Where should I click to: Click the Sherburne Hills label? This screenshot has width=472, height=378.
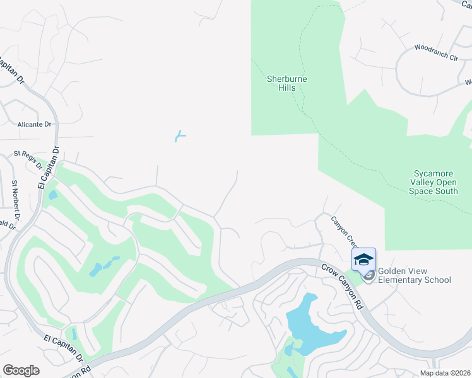click(x=287, y=83)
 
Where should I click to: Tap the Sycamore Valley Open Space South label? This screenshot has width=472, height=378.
click(x=435, y=182)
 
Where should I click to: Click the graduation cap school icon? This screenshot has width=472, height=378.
click(x=363, y=260)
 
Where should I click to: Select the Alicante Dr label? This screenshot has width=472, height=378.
click(x=35, y=124)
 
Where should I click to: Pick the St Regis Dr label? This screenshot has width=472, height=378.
click(x=28, y=160)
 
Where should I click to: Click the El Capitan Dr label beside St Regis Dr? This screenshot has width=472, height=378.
click(x=48, y=168)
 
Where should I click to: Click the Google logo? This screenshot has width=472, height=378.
click(x=21, y=370)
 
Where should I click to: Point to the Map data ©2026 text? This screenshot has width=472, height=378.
click(x=444, y=373)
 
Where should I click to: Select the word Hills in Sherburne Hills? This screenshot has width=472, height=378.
click(x=287, y=88)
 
